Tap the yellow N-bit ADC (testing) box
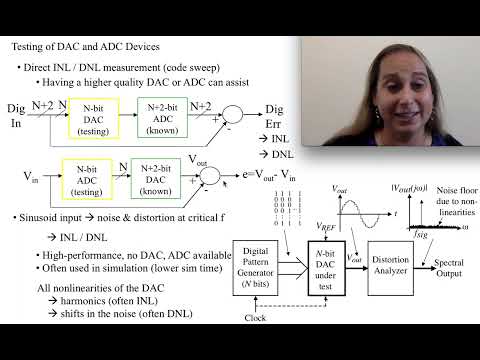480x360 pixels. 92,178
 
